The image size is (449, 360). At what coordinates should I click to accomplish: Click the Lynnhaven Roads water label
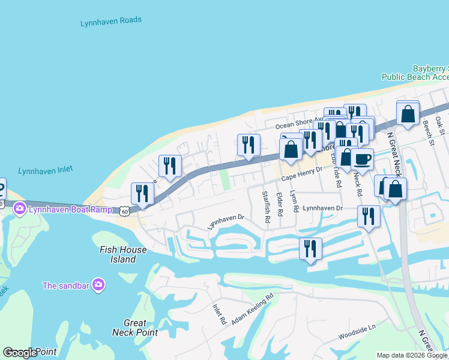(111, 22)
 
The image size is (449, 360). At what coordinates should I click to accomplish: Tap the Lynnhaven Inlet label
(46, 171)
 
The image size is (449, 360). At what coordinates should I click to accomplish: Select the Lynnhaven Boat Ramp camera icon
(20, 209)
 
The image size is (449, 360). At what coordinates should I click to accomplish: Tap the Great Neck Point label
(135, 328)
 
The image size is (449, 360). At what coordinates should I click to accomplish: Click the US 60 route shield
(124, 211)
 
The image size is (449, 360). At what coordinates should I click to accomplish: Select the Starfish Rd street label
(266, 206)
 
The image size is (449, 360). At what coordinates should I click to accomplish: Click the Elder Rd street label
(280, 204)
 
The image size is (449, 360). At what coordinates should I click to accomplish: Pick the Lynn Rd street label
(294, 202)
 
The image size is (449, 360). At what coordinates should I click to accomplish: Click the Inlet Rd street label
(218, 314)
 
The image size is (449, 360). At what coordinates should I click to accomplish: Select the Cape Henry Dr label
(303, 173)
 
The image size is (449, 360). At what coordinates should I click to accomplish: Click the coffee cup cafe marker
(362, 159)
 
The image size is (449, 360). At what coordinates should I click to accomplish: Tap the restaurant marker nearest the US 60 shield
(142, 193)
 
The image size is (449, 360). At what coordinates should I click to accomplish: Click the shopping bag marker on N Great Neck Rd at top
(408, 113)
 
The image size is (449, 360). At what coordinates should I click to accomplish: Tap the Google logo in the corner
(19, 353)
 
